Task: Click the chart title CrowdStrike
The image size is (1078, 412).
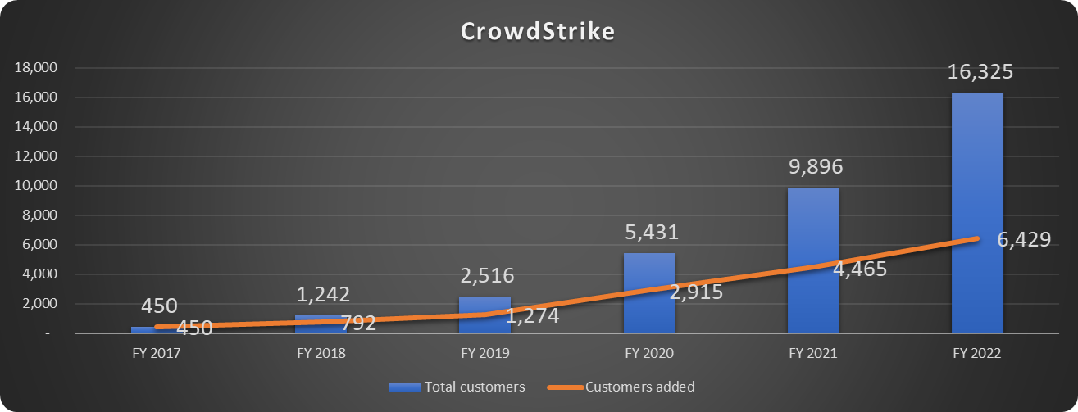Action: [x=538, y=31]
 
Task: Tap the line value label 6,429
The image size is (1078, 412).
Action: [x=1018, y=241]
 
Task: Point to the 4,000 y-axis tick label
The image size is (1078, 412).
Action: [x=37, y=274]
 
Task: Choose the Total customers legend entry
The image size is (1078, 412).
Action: [x=457, y=387]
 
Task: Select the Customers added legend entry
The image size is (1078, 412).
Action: [x=628, y=387]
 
